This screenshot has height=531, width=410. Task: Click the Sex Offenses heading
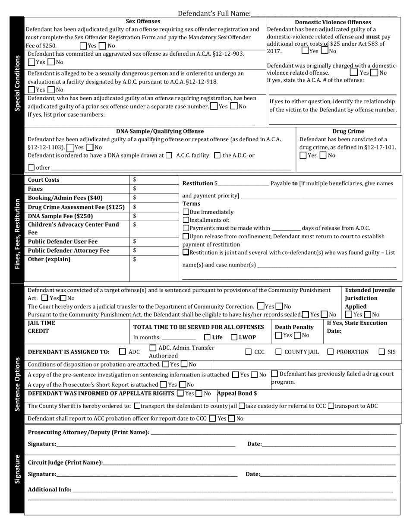143,21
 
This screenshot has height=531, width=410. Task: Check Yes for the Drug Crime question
303,155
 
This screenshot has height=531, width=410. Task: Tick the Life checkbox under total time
208,338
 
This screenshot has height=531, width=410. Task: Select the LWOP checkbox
234,338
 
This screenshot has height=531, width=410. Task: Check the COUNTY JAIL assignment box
279,352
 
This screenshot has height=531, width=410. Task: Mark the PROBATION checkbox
331,352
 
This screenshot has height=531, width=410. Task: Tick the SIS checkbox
382,352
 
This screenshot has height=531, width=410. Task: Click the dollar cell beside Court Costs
154,180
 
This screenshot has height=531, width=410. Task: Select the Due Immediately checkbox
186,212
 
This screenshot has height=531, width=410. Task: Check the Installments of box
186,220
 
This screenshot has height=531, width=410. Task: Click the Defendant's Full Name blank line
324,14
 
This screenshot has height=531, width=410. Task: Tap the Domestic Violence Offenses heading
332,22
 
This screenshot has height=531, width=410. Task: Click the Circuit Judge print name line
249,463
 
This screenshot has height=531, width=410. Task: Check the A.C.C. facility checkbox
169,155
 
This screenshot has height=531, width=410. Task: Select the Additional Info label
49,490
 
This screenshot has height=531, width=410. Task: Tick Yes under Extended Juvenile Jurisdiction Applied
349,315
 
